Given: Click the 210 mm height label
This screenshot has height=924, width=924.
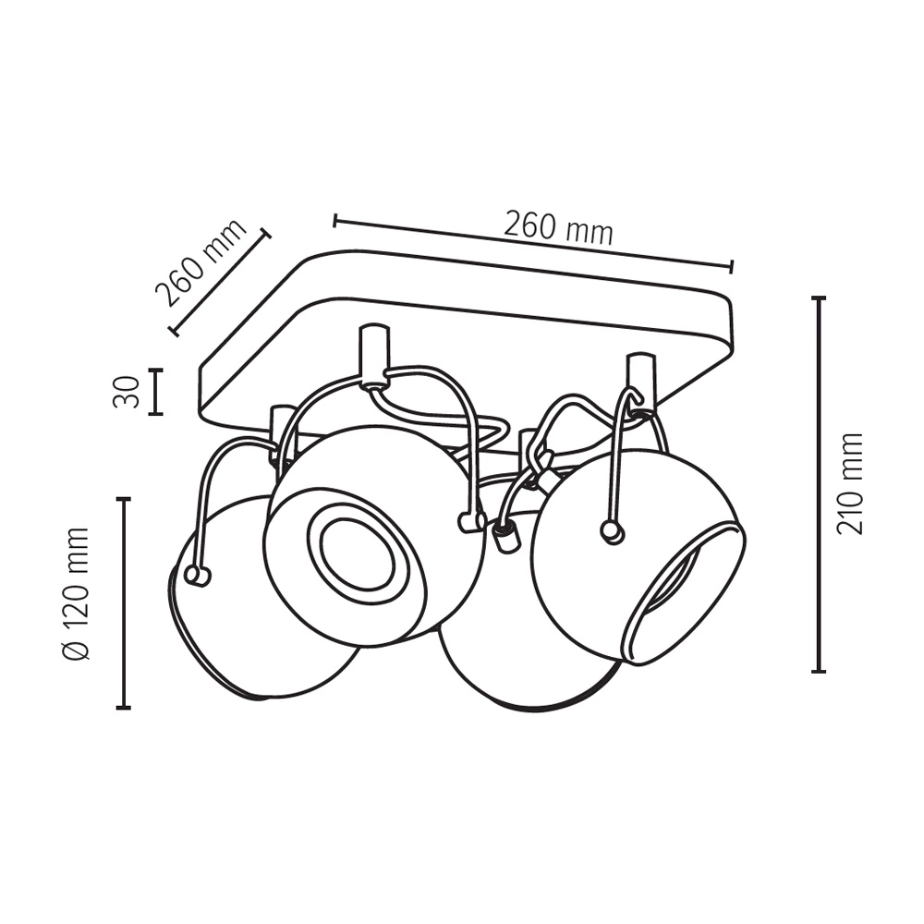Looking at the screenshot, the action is tap(850, 484).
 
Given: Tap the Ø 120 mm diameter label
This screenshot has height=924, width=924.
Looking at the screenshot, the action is tap(76, 594).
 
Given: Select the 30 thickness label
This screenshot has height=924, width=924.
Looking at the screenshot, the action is tap(126, 392).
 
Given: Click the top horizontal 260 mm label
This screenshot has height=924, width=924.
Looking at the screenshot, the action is tap(559, 227).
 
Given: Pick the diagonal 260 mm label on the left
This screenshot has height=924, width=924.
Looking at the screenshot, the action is tap(201, 263).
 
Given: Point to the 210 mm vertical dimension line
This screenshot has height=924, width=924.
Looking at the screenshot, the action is tap(818, 484).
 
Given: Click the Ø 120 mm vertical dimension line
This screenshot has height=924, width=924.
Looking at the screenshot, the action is tap(123, 602).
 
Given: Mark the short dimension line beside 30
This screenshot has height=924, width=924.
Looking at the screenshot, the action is tap(155, 392).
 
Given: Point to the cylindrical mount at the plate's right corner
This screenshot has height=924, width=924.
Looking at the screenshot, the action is tap(640, 381).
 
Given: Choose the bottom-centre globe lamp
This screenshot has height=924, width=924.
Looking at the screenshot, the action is tap(530, 660).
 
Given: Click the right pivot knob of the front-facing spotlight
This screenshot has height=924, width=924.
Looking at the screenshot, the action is tap(470, 521).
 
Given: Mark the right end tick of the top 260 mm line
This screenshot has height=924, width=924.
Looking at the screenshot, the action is tap(731, 266).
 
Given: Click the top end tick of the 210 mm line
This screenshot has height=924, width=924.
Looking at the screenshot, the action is tap(818, 298).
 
